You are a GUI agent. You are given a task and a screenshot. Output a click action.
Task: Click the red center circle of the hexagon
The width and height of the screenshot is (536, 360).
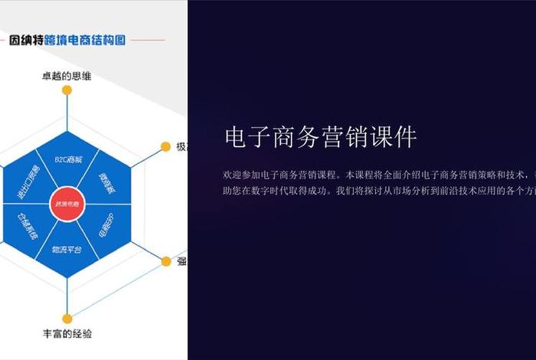(x=67, y=205)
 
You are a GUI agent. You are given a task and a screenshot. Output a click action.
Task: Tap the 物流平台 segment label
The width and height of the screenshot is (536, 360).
(x=67, y=250)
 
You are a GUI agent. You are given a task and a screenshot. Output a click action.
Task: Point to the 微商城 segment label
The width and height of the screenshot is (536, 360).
(x=106, y=181)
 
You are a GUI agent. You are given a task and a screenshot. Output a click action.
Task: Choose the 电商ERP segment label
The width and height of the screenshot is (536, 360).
(x=106, y=227)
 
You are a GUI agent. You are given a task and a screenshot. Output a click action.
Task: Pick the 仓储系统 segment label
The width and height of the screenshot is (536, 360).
(x=28, y=227)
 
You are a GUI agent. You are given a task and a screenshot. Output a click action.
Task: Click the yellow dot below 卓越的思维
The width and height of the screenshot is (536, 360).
(x=67, y=90)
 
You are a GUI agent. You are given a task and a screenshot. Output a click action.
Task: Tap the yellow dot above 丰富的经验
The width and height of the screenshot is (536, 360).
(x=67, y=318)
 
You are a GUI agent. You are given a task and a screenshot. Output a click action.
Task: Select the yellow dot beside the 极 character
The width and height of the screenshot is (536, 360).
(x=165, y=146)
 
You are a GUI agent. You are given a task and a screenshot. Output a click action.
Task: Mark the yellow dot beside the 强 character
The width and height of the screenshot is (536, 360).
(x=165, y=261)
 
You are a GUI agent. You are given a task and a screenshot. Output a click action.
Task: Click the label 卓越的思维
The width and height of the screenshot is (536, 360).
(x=67, y=76)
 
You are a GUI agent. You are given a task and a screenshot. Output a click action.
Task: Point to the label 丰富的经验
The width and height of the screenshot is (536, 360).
(x=67, y=334)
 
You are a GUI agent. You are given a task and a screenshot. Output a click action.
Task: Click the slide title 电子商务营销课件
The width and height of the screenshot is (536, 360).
(x=321, y=138)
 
